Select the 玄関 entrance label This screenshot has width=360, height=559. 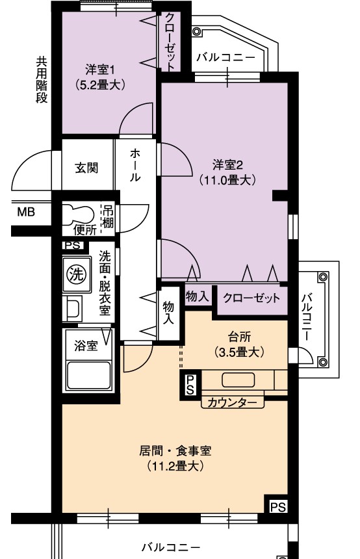point(84,168)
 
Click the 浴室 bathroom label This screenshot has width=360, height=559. point(84,345)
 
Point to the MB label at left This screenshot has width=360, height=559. point(25,211)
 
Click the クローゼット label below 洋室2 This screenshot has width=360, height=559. point(251,298)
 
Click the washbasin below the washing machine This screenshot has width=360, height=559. point(73,307)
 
